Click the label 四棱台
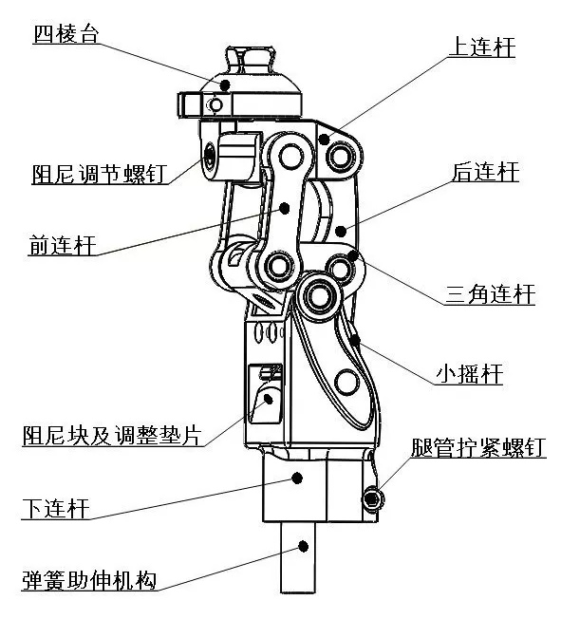coord(66,34)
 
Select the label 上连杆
coord(481,47)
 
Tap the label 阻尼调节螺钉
coord(100,174)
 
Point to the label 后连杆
coord(485,172)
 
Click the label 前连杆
coord(63,245)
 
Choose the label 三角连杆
coord(490,294)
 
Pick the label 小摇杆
coord(470,374)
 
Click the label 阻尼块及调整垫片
coord(112,436)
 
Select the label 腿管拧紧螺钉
coord(478,447)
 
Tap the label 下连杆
coord(56,509)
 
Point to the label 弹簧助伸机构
coord(89,580)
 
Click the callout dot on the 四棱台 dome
coord(225,85)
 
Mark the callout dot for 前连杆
coord(285,209)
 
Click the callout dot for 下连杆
coord(297,478)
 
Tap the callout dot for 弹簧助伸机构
coord(303,547)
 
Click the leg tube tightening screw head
coord(372,498)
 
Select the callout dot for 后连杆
coord(341,231)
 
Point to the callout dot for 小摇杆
coord(355,339)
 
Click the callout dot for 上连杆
coord(324,140)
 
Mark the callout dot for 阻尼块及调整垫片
coord(269,399)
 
